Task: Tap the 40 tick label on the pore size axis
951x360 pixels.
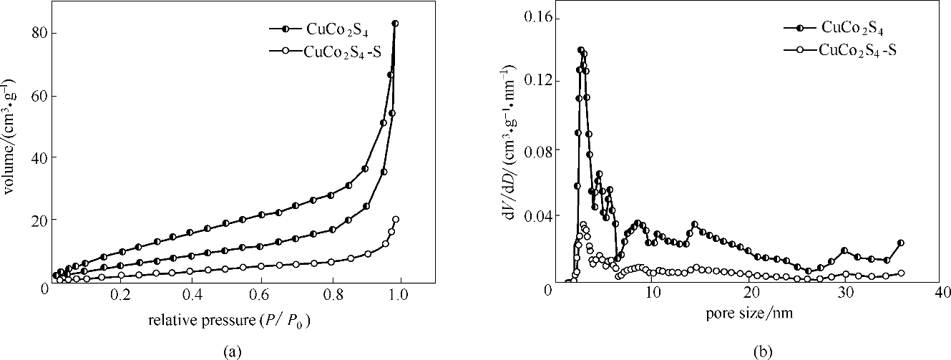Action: (x=942, y=295)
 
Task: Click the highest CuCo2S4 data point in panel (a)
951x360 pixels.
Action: (x=395, y=24)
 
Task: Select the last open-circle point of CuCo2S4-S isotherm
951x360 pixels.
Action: (x=396, y=219)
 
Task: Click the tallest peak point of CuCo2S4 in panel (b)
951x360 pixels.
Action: (x=581, y=50)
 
